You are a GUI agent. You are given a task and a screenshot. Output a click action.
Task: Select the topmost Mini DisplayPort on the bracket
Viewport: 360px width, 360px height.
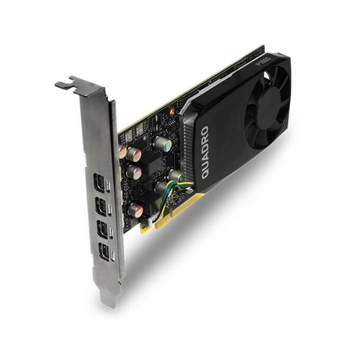(99, 183)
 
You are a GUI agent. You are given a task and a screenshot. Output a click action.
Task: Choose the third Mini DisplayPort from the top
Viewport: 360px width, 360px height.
(103, 230)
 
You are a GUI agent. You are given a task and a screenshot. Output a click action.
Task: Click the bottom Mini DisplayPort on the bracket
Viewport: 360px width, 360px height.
(105, 252)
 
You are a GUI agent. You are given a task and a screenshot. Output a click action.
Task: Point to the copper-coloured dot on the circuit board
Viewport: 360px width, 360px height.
(172, 110)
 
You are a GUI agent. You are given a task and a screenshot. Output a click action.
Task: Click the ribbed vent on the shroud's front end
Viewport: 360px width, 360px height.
(185, 144)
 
